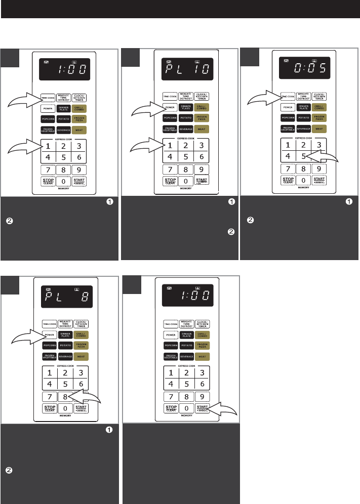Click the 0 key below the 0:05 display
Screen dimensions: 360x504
pos(303,180)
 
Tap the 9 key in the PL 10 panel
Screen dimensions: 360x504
pos(202,170)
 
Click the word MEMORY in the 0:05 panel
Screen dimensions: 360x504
pos(303,188)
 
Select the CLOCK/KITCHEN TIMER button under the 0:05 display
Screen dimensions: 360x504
pos(319,96)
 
